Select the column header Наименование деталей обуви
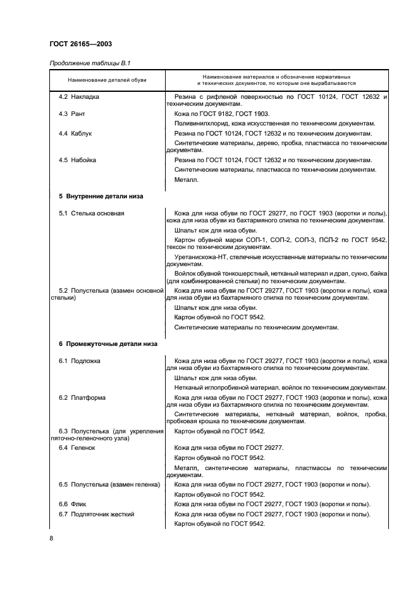[x=107, y=81]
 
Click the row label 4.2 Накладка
[x=79, y=96]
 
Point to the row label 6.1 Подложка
[x=80, y=360]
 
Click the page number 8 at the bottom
[x=51, y=539]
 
